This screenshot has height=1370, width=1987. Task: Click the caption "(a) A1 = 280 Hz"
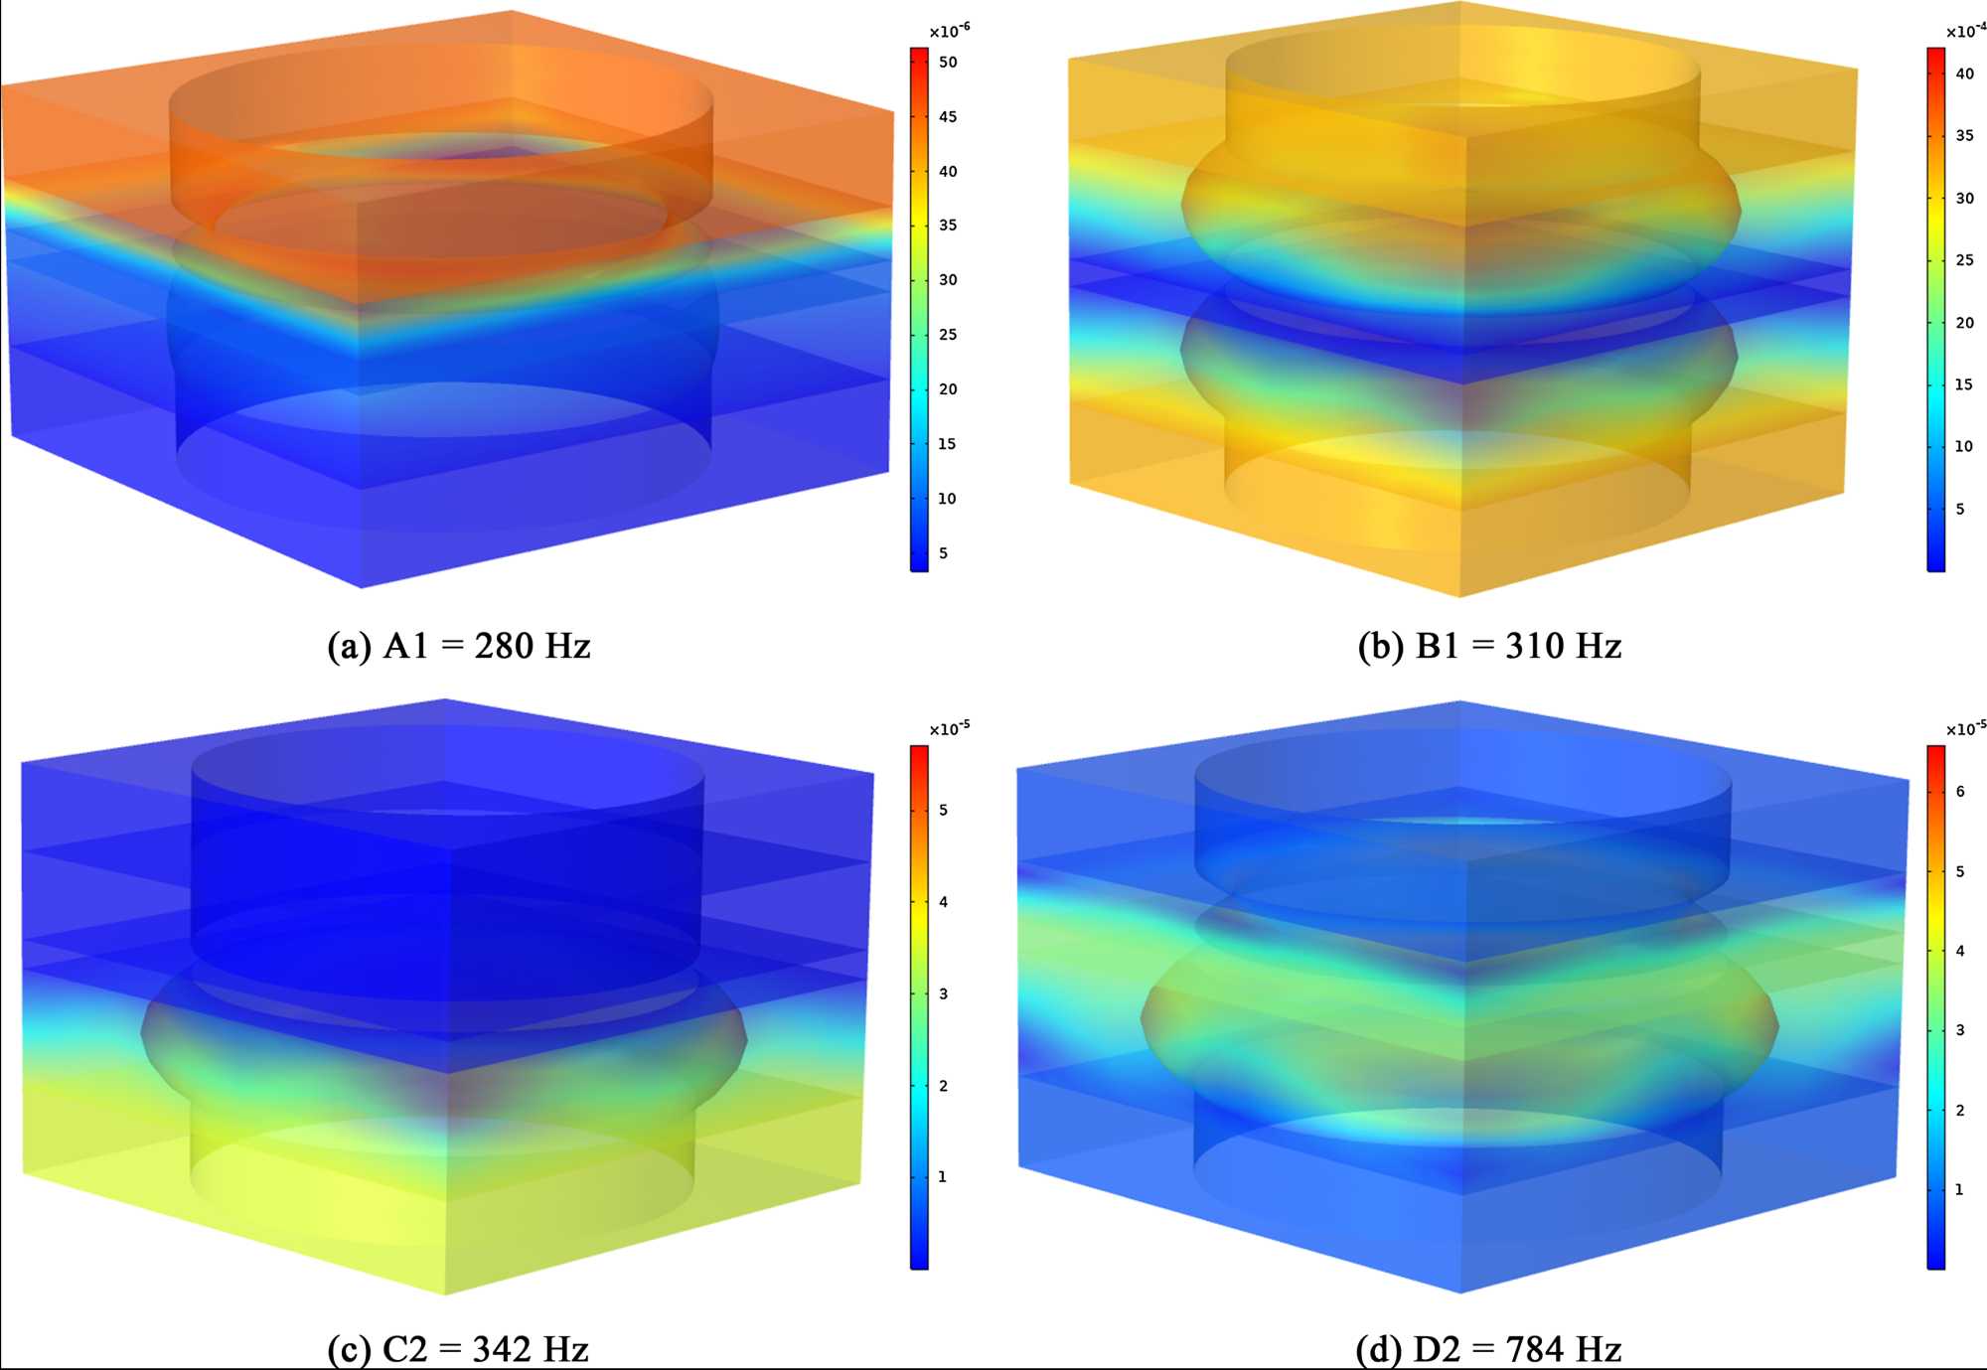click(x=459, y=646)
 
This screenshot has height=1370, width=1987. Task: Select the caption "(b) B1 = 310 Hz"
click(x=1489, y=646)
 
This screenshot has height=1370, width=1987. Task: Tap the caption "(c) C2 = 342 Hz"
click(x=458, y=1348)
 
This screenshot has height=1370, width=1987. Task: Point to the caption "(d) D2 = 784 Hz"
click(x=1488, y=1348)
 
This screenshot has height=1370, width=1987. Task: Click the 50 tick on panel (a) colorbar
click(x=948, y=62)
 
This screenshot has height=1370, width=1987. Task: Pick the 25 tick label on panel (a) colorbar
click(x=948, y=335)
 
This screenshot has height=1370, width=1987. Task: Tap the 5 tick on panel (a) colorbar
click(x=943, y=553)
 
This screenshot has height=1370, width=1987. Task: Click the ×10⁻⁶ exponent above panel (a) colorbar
click(x=949, y=31)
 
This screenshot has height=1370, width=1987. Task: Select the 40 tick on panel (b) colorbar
click(x=1964, y=74)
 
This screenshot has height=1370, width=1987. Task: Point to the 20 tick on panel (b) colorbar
click(x=1964, y=323)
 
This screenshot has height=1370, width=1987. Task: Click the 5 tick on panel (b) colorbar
click(x=1960, y=510)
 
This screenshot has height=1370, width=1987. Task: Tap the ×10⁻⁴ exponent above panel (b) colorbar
click(x=1965, y=31)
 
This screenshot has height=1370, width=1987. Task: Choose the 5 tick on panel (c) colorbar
click(x=943, y=811)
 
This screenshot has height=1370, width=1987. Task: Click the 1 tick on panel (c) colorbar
click(x=943, y=1177)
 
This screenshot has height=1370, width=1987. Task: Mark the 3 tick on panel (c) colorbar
click(x=943, y=994)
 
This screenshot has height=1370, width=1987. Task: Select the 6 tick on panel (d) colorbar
click(x=1960, y=792)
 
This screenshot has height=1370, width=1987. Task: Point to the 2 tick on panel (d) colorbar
click(x=1960, y=1111)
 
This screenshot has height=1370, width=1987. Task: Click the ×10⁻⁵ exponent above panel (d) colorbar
click(x=1965, y=728)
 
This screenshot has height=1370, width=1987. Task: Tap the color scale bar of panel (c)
click(x=919, y=1006)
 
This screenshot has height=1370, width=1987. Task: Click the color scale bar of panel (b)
click(x=1936, y=309)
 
